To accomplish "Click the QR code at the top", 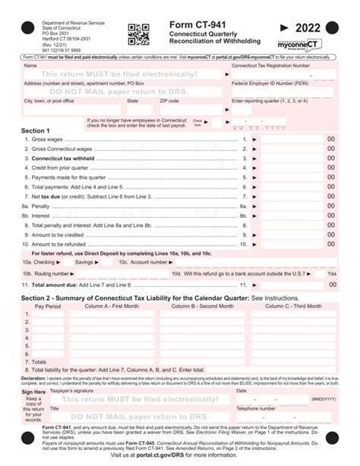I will click(x=138, y=34).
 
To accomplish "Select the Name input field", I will click(x=122, y=74).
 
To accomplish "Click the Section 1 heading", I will click(x=36, y=131).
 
